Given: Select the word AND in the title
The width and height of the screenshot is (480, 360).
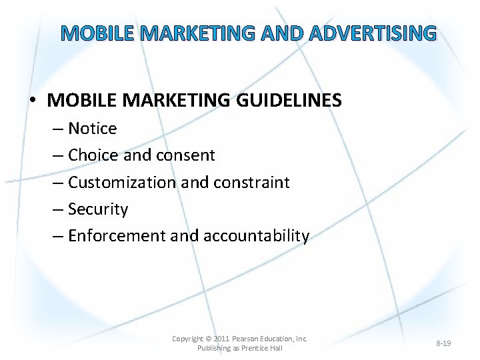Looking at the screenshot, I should [x=277, y=33].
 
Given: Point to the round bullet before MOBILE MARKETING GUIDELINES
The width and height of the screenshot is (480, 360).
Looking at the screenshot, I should [x=33, y=101].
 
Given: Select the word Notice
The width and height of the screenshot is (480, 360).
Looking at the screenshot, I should [x=93, y=128].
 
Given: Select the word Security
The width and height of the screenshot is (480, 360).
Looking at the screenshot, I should [x=98, y=209].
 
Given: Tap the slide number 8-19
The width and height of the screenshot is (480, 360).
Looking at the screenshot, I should [x=443, y=343].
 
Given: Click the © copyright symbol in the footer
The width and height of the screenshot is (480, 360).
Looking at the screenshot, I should [x=209, y=339].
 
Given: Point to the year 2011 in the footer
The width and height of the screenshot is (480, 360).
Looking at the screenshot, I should [x=222, y=339].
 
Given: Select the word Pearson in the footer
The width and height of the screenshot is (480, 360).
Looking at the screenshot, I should [x=249, y=339].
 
